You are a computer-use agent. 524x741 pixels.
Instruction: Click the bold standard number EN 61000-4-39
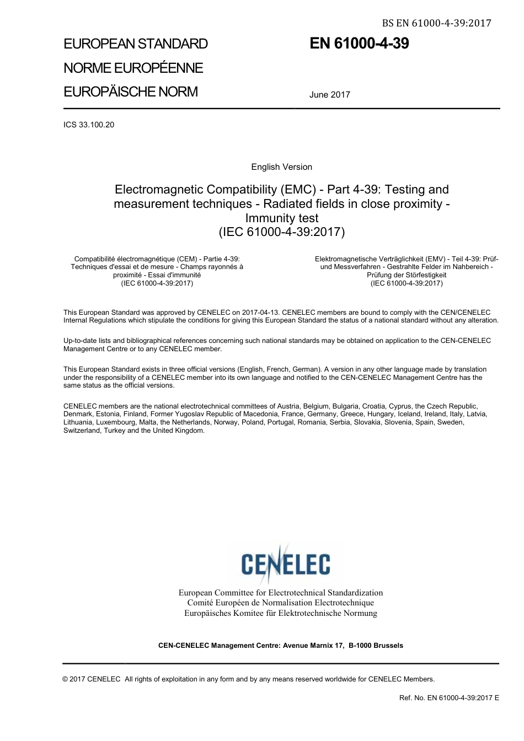tap(359, 44)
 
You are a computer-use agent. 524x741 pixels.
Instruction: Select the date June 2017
tap(329, 95)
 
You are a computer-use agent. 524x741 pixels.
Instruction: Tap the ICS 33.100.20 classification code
tap(89, 125)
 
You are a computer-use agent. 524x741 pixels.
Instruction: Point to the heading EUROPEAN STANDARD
tap(136, 44)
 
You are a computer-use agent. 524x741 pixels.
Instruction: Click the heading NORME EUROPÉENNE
tap(133, 68)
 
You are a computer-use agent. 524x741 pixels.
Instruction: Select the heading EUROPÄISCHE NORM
tap(131, 92)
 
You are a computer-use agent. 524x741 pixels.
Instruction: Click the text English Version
tap(281, 167)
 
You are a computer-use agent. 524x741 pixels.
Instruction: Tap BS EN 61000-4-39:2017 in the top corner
tap(436, 23)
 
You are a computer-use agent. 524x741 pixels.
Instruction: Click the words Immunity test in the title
tap(282, 218)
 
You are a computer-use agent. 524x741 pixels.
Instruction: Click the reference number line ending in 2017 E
tap(449, 698)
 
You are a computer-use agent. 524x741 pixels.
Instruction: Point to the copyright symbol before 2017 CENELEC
tap(66, 679)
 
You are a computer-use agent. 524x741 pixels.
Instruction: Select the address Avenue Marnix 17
tap(313, 646)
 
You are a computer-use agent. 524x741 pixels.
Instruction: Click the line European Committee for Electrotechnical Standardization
tap(281, 593)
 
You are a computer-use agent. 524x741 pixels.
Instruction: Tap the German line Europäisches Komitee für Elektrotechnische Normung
tap(281, 613)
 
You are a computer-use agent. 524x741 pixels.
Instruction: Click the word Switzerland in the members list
tap(82, 431)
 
